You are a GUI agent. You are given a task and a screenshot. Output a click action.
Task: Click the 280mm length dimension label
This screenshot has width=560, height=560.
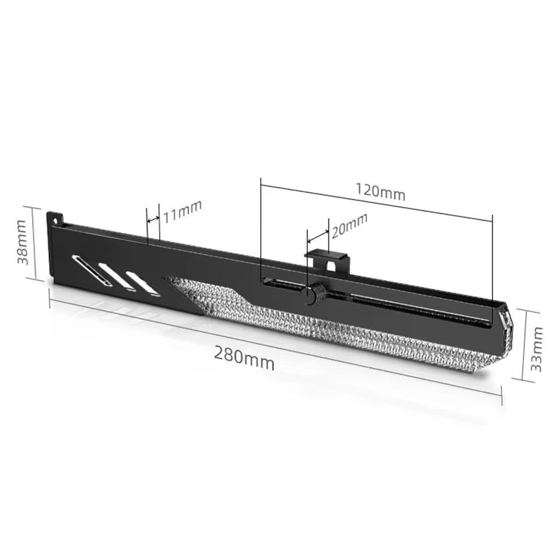tap(244, 357)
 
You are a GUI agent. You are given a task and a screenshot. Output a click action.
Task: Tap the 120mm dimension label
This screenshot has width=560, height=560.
tap(380, 191)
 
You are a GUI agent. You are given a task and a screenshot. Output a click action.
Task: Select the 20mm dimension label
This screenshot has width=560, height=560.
tap(349, 225)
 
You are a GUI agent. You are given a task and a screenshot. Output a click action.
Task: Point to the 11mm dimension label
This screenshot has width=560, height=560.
tap(182, 211)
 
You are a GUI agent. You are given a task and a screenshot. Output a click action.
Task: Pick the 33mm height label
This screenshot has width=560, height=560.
tap(537, 349)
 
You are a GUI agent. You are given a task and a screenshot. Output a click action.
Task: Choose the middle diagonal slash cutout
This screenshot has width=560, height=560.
tap(118, 276)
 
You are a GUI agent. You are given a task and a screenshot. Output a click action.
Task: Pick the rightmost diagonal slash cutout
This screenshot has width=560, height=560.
tap(143, 283)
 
